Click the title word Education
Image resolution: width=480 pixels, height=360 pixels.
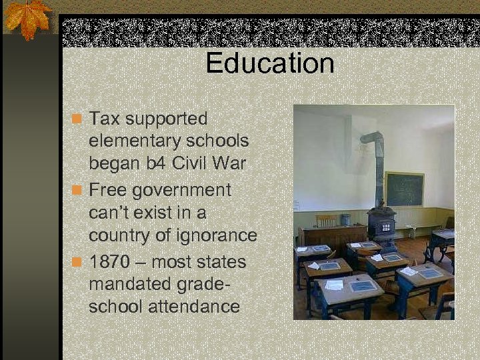[269, 63]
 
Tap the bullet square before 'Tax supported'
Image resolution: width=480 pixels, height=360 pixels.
[77, 119]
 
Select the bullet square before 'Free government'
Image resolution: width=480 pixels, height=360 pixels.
[77, 191]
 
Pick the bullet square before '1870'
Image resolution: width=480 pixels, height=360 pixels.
[77, 262]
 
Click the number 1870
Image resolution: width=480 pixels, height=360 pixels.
[111, 261]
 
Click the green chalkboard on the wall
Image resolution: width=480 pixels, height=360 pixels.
[404, 189]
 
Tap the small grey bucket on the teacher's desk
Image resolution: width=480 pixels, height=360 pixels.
[345, 220]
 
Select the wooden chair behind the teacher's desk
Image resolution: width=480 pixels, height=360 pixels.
[326, 221]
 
